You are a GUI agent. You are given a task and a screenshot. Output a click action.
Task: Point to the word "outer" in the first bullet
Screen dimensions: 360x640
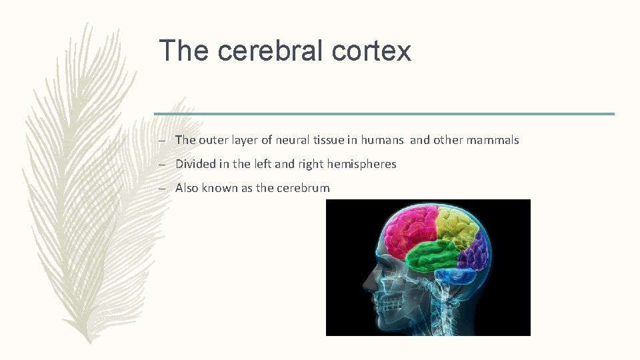[213, 140]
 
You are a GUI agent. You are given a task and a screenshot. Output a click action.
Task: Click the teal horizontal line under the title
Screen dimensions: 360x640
[384, 114]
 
